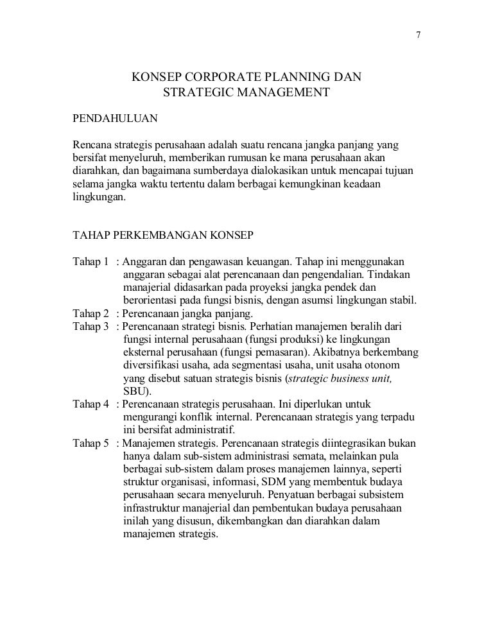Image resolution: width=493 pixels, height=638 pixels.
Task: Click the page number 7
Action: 419,35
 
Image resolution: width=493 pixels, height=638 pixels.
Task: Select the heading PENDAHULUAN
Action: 114,119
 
